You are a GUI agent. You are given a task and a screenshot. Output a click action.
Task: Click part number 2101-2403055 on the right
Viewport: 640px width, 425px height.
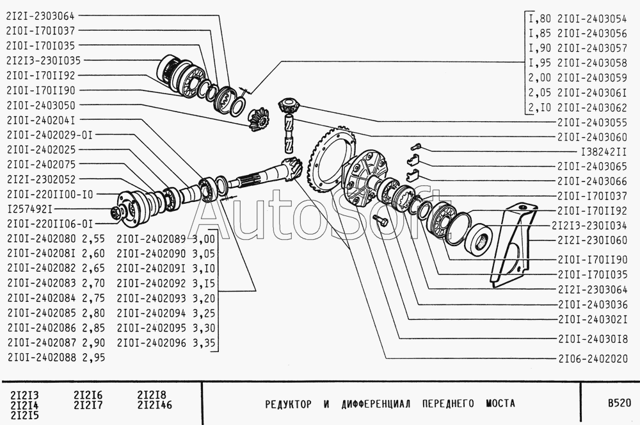point(592,122)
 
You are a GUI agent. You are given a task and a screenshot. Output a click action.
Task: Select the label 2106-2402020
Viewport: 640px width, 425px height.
point(593,359)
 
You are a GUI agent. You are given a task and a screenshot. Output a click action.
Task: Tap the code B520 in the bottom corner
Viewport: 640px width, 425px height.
point(619,403)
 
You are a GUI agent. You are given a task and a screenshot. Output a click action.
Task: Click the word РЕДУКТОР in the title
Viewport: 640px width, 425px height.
point(288,404)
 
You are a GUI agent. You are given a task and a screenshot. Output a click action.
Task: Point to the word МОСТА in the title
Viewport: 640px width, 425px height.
point(500,404)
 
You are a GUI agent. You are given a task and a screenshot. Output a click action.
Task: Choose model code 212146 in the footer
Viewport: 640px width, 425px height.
point(155,405)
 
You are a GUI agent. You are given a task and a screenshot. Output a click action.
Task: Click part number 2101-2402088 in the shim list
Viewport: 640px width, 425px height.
point(42,357)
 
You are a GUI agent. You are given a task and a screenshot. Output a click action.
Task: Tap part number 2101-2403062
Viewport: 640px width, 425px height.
point(592,108)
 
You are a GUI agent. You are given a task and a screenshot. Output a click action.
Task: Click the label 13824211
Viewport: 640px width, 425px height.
point(604,152)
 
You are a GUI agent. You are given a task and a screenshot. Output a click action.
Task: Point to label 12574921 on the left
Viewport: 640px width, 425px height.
point(30,209)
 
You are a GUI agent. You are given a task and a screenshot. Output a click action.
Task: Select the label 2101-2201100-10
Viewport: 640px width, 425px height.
point(50,194)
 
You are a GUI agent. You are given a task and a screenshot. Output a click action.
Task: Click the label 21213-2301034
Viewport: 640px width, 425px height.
point(589,226)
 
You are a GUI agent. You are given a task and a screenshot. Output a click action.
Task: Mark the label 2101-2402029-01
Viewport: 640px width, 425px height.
point(50,135)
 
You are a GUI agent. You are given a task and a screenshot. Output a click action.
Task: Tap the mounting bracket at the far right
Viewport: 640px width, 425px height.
point(513,245)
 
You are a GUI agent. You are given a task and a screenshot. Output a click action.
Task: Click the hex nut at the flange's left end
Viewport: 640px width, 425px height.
point(116,213)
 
